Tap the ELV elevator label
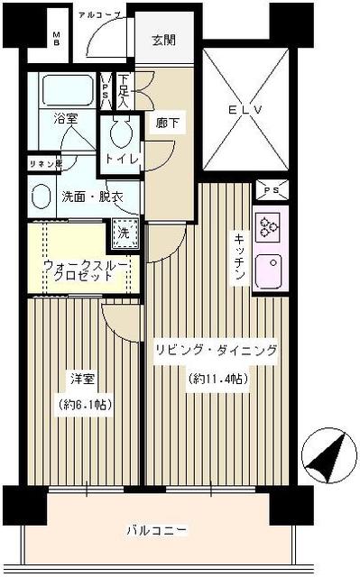tap(245, 111)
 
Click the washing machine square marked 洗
tap(125, 232)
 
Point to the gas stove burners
tap(269, 225)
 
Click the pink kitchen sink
tap(269, 268)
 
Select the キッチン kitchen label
tap(240, 257)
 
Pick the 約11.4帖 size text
tap(219, 379)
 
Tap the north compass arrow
tap(327, 456)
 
